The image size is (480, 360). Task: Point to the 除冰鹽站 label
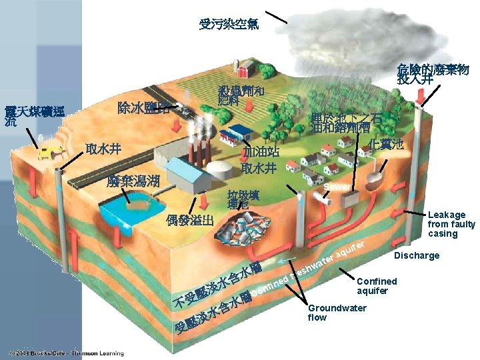click(x=143, y=107)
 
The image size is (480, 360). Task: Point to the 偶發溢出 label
click(x=190, y=220)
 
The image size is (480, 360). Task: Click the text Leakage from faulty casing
click(x=451, y=224)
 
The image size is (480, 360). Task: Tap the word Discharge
click(x=417, y=255)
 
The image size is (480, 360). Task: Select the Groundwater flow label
click(x=337, y=312)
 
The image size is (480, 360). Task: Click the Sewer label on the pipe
click(x=337, y=187)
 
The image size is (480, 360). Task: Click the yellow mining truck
click(x=46, y=153)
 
